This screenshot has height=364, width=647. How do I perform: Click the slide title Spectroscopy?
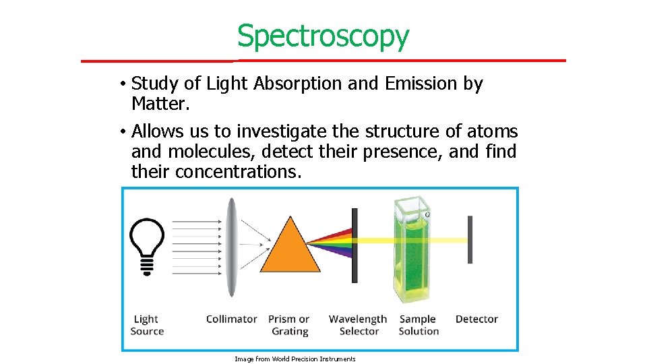coord(323,36)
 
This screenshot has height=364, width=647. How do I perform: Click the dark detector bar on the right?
coord(470,240)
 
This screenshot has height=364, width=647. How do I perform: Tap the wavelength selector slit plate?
coord(355,245)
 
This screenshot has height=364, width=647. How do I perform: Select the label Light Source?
coord(147,325)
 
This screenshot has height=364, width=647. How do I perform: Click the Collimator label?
coord(231,319)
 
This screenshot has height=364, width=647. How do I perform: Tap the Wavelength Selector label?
coord(358,325)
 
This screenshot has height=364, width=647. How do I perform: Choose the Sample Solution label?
coord(419,325)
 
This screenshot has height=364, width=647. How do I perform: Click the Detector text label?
coord(476,319)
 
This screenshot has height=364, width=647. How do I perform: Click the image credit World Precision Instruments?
coord(295,359)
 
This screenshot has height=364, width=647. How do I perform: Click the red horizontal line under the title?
coord(323,61)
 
